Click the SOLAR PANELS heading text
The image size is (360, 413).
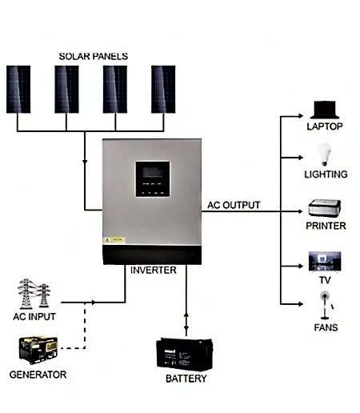pyautogui.click(x=93, y=56)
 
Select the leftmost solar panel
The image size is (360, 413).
pyautogui.click(x=18, y=88)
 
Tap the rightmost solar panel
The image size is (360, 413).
pyautogui.click(x=163, y=88)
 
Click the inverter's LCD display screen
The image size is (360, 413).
pyautogui.click(x=151, y=173)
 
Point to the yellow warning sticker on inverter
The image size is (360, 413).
pyautogui.click(x=117, y=239)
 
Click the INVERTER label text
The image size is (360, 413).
pyautogui.click(x=153, y=271)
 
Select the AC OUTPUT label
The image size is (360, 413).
pyautogui.click(x=234, y=205)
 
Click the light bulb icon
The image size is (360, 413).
pyautogui.click(x=326, y=154)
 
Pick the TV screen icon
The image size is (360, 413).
pyautogui.click(x=326, y=262)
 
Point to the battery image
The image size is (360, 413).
pyautogui.click(x=186, y=352)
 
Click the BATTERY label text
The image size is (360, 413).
pyautogui.click(x=186, y=379)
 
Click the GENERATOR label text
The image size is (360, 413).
pyautogui.click(x=38, y=375)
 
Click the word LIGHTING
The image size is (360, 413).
pyautogui.click(x=326, y=174)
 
